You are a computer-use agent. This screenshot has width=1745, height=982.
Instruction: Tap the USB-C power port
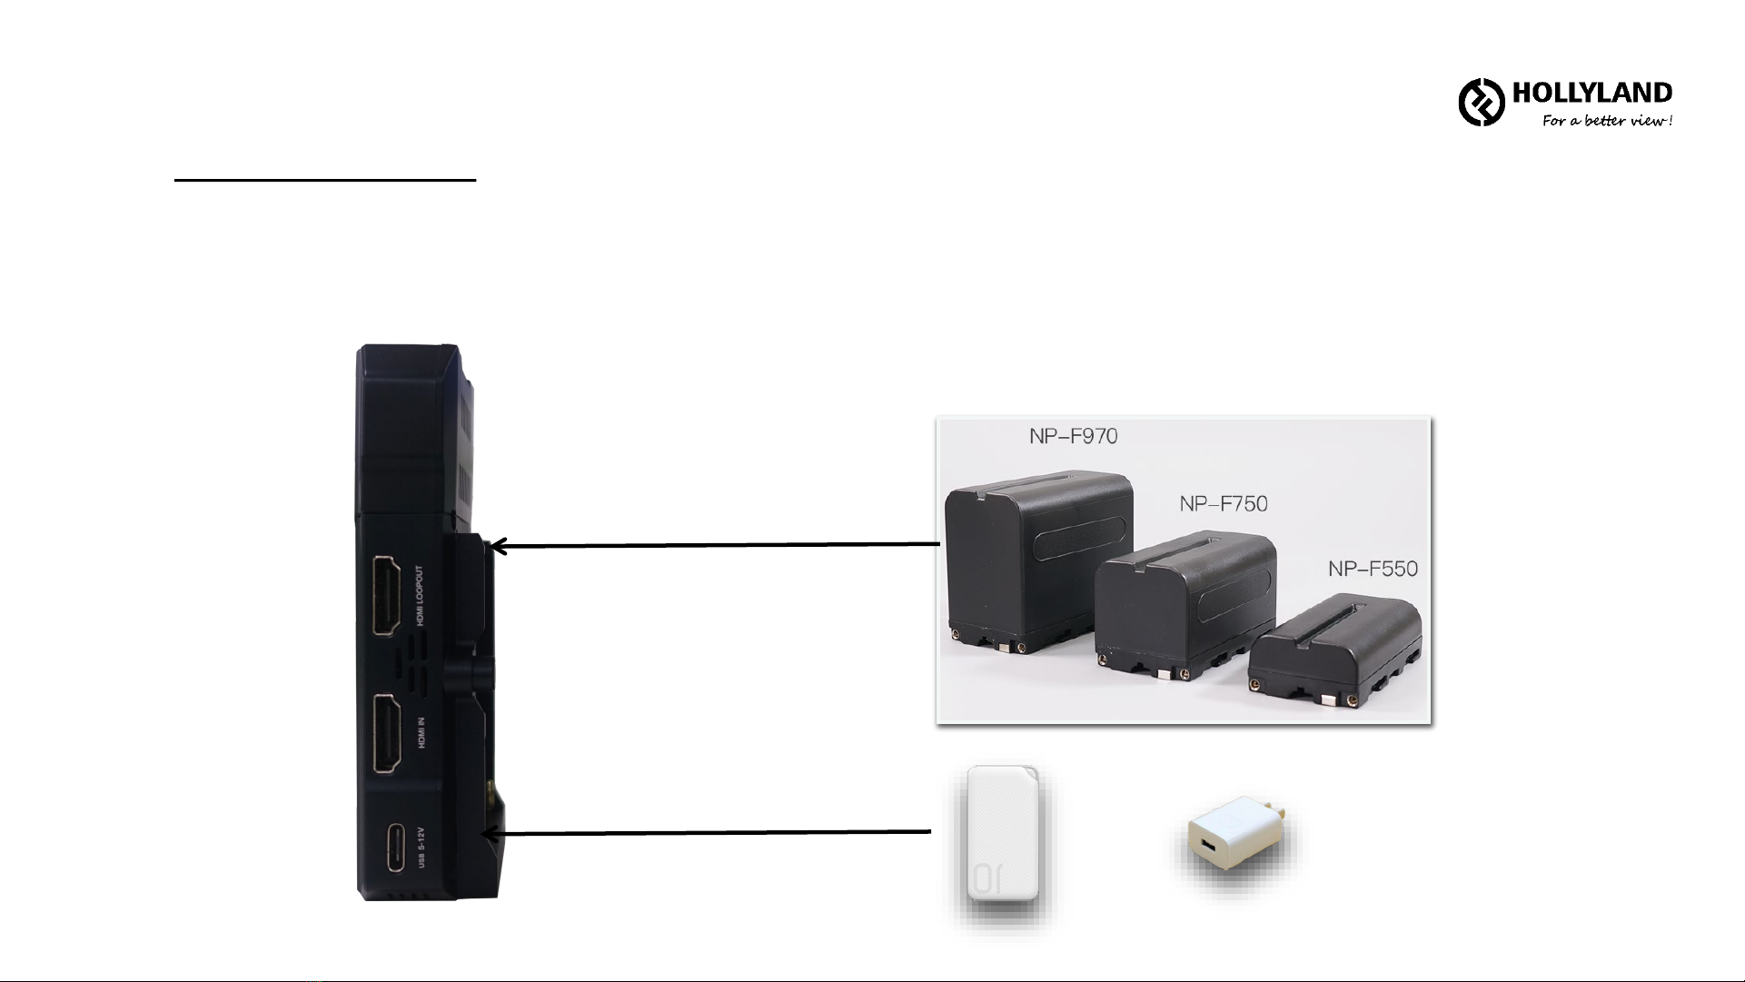tap(397, 848)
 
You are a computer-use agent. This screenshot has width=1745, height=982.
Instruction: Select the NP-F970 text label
tap(1073, 436)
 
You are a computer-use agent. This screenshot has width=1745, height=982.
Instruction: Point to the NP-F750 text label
tap(1223, 503)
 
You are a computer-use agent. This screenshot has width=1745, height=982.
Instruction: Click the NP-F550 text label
tap(1372, 569)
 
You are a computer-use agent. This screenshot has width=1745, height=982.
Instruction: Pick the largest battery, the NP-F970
tap(1038, 563)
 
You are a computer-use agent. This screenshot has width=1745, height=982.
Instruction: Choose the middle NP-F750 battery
tap(1185, 609)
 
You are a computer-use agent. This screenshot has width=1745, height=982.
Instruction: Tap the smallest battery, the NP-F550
tap(1334, 650)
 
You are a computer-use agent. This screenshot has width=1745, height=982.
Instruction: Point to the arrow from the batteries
tap(713, 545)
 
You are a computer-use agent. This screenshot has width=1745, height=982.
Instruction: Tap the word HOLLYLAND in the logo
tap(1591, 94)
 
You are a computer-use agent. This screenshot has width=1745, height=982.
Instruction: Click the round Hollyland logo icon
tap(1482, 102)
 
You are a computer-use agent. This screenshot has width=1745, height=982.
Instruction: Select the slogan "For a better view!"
tap(1606, 121)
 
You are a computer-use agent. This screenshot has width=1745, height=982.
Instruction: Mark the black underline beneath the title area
tap(325, 180)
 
